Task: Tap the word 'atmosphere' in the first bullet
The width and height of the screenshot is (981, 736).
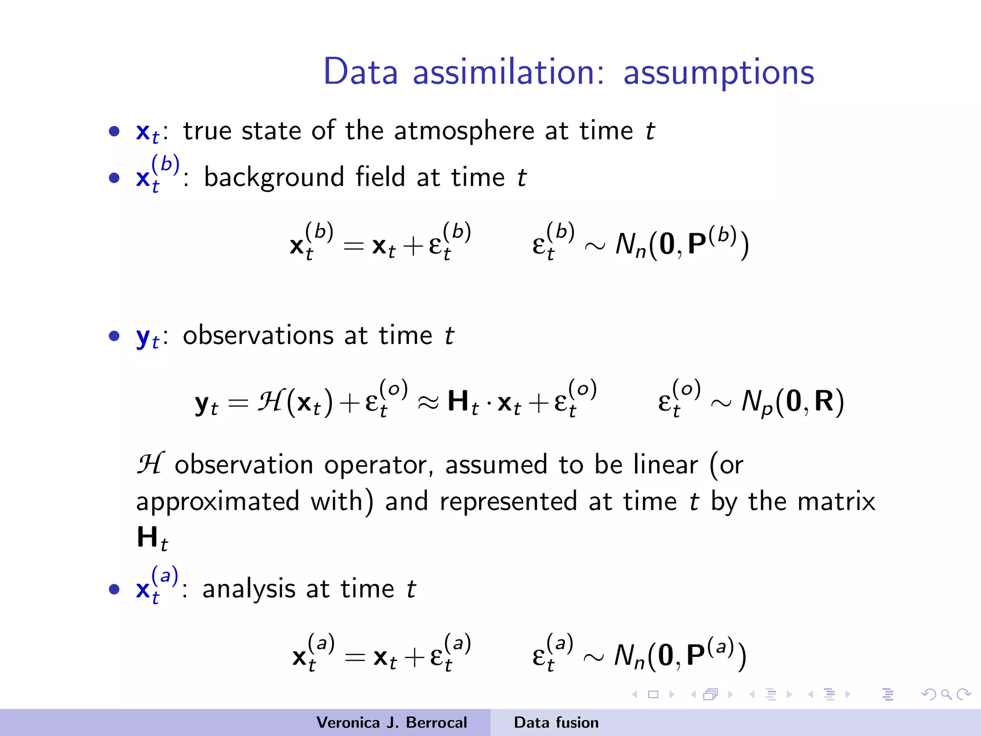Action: (x=464, y=131)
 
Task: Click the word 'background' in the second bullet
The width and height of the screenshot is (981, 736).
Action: (x=274, y=178)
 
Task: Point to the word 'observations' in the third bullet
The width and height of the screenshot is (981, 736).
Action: (x=258, y=335)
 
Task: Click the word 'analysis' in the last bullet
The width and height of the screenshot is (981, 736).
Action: (x=249, y=589)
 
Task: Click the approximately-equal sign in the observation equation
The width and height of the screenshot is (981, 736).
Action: (x=428, y=402)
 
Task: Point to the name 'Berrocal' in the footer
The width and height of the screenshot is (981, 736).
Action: (x=436, y=723)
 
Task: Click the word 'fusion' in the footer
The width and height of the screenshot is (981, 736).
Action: (x=578, y=723)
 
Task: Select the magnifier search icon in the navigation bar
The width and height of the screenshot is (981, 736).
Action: (x=946, y=694)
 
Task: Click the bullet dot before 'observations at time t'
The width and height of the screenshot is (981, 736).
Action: (x=114, y=335)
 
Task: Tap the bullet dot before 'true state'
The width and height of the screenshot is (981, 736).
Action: (x=114, y=131)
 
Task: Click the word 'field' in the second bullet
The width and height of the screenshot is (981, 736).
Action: (x=380, y=177)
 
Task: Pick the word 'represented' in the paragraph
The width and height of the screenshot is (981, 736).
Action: (x=508, y=502)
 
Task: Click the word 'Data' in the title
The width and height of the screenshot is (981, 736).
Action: (x=361, y=72)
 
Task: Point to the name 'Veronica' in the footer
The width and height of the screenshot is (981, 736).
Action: (x=348, y=723)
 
